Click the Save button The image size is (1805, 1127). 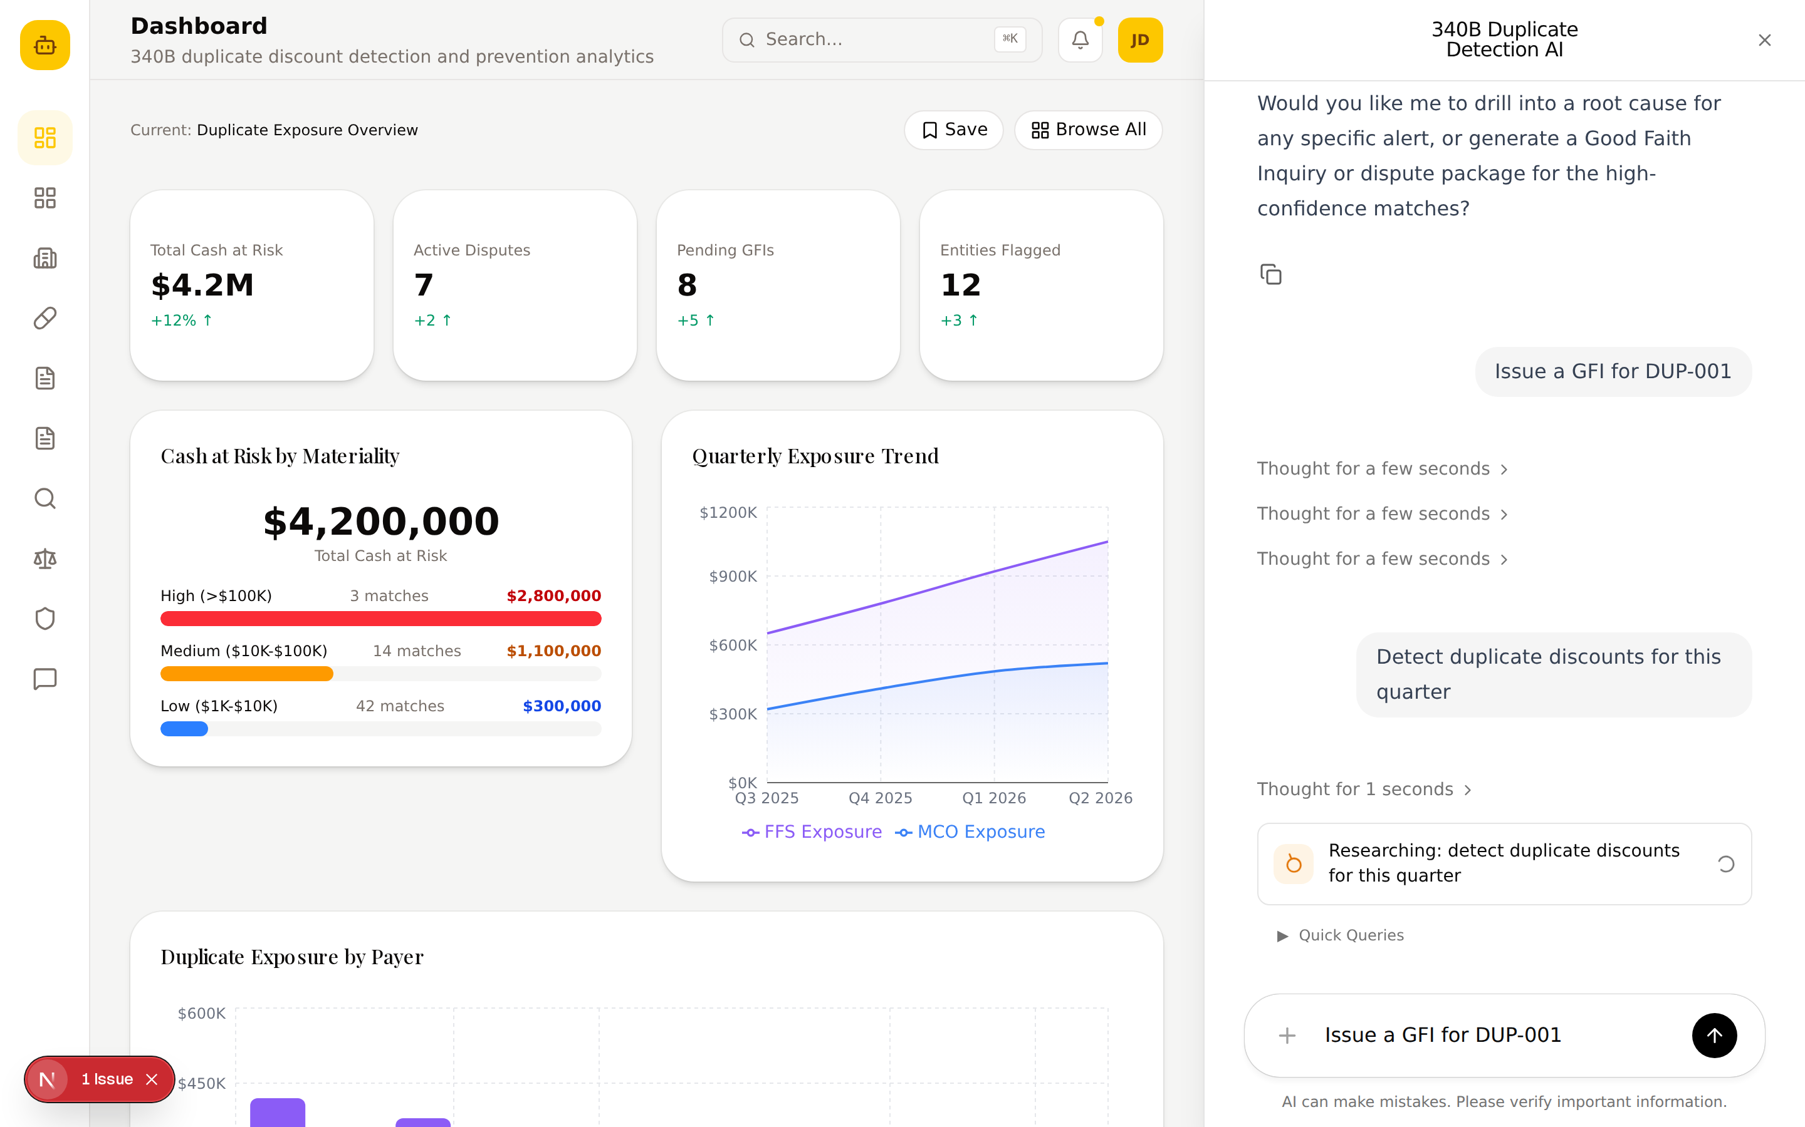[x=953, y=130]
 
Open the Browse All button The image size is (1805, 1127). [x=1088, y=130]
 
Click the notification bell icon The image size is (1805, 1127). [x=1080, y=39]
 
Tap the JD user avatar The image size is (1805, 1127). [x=1139, y=39]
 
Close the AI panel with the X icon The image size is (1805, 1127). [x=1764, y=40]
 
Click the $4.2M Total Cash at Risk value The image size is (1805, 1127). [x=202, y=285]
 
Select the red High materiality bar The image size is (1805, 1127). [x=380, y=619]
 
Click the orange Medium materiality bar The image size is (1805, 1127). [x=247, y=674]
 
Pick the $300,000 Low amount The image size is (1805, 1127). [x=562, y=706]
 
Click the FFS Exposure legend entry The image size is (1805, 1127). [x=812, y=832]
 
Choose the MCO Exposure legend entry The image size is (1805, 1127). [x=970, y=832]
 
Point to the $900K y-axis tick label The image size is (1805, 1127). [x=733, y=576]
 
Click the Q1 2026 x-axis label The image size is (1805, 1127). [x=993, y=798]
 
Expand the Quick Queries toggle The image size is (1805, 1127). [x=1341, y=935]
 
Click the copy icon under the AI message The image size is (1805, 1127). [x=1270, y=274]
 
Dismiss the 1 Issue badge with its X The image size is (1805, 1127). [x=152, y=1079]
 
